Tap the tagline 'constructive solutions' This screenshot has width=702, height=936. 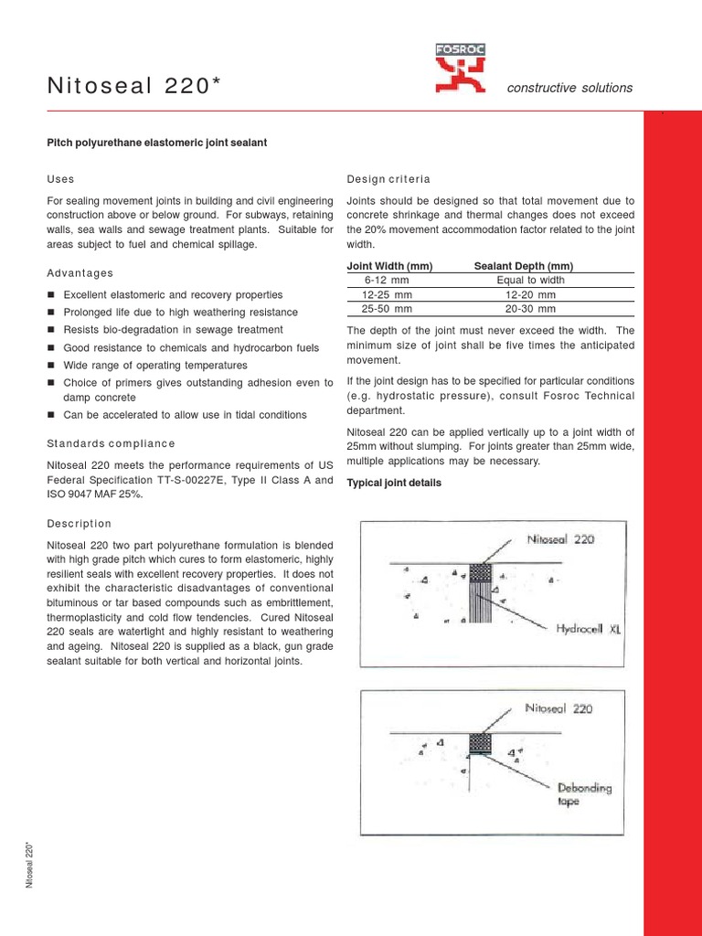coord(569,88)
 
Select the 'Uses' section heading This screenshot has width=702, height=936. coord(60,178)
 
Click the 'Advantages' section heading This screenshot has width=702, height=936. coord(80,272)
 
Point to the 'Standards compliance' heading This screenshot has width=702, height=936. coord(110,443)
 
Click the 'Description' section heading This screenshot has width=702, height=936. coord(79,524)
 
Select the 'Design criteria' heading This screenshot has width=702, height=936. coord(388,178)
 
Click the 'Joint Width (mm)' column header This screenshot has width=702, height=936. coord(389,266)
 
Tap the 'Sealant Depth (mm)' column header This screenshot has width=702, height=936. coord(524,266)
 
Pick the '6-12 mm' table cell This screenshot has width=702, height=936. coord(388,281)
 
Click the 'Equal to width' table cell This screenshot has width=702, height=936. coord(530,281)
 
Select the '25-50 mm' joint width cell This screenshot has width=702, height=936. coord(388,310)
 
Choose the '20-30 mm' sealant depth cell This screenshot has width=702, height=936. coord(530,310)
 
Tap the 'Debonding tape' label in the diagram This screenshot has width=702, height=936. coord(585,794)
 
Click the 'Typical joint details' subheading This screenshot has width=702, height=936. coord(394,483)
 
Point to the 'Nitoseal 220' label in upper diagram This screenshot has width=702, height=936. coord(560,539)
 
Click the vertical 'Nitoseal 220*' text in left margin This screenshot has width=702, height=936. coord(30,864)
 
